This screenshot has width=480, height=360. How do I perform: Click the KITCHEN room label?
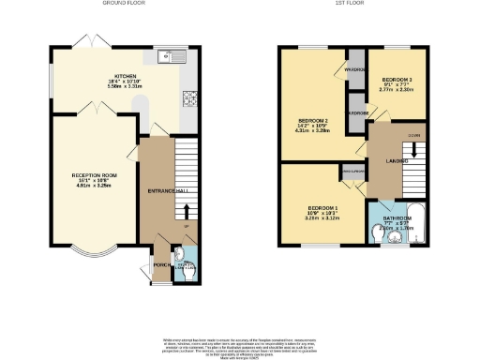click(125, 75)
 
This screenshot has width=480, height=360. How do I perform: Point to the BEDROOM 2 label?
click(313, 121)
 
